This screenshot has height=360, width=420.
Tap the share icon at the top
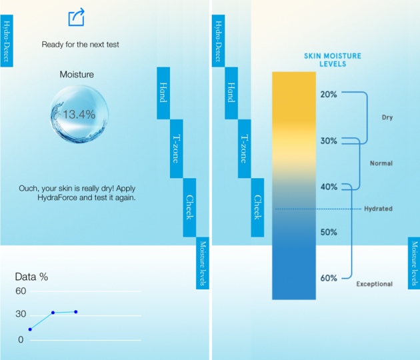(x=77, y=17)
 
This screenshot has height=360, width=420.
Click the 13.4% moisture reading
(x=79, y=115)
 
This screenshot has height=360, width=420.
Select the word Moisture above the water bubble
(x=77, y=74)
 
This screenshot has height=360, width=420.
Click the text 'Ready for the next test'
(x=80, y=45)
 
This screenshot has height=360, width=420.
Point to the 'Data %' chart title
(x=31, y=277)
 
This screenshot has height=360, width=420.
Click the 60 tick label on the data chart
(x=21, y=291)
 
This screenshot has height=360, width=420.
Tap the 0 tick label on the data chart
(x=21, y=339)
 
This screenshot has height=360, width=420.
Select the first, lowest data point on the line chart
(x=30, y=329)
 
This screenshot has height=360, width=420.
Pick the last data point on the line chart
(x=76, y=312)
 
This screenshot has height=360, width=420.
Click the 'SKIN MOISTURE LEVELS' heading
(x=333, y=60)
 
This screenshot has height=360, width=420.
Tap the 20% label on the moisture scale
(x=329, y=94)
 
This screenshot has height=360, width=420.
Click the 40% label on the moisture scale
(x=329, y=187)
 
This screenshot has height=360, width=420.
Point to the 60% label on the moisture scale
(x=329, y=278)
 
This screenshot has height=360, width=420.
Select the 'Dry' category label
(x=387, y=117)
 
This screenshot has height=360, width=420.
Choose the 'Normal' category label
(x=381, y=163)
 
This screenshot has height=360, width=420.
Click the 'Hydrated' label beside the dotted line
(x=378, y=209)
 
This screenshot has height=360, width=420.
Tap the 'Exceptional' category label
(x=374, y=284)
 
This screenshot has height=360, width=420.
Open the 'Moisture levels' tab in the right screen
(x=414, y=263)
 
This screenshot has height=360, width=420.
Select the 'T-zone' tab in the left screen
(x=177, y=149)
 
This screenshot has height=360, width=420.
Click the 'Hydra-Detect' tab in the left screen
(x=7, y=41)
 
